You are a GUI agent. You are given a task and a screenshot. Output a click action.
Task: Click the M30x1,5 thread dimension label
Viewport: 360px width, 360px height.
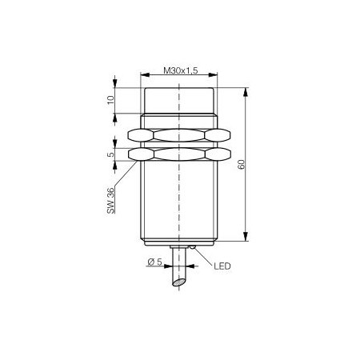coord(181,70)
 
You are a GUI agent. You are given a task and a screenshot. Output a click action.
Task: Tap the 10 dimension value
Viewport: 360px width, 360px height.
coord(110,100)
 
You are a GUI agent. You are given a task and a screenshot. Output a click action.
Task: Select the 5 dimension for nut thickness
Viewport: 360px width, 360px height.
coord(110,154)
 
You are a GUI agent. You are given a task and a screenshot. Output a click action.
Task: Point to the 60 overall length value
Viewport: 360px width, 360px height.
coord(241,164)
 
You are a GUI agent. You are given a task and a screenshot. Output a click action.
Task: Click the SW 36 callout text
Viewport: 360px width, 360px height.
coord(110,201)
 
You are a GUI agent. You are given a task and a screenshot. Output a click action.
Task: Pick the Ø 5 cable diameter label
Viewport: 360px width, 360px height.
coord(154,262)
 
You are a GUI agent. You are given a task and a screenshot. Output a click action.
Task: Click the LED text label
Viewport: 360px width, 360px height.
coord(222,266)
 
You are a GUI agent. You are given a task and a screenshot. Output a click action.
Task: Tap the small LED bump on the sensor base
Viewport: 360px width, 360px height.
coord(193,247)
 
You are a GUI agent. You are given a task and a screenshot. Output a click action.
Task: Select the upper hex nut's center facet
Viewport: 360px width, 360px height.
coord(179,135)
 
